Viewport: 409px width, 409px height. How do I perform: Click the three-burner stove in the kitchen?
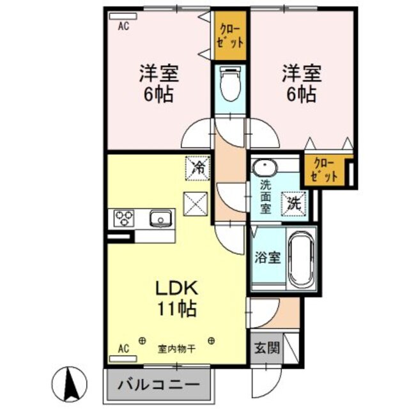pos(123,219)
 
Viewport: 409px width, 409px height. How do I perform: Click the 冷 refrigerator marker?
pos(198,168)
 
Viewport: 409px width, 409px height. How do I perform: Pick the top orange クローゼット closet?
pos(231,36)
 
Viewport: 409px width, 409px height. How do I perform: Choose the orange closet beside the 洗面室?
pos(325,171)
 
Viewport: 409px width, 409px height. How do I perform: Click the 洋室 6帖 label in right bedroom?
pos(299,83)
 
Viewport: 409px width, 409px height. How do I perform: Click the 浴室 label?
pos(268,258)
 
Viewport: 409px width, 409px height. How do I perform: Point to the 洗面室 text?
pos(266,197)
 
